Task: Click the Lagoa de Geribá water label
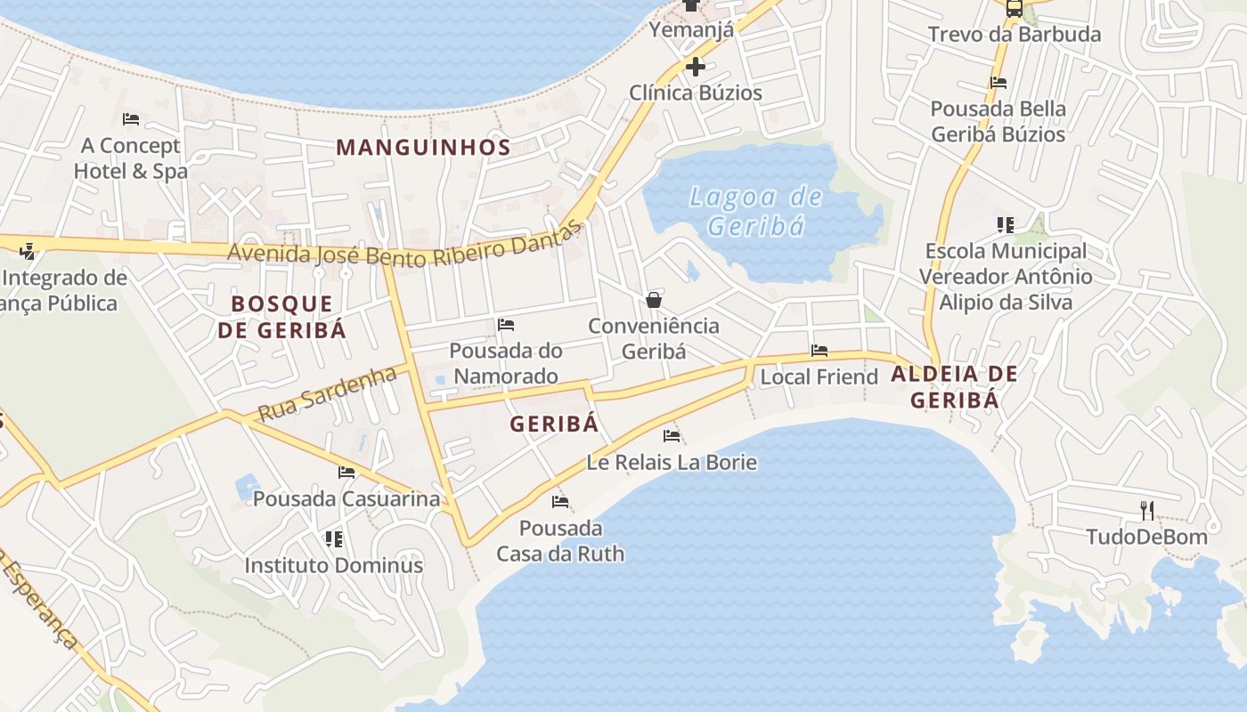(x=756, y=211)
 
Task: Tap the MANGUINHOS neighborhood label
(x=423, y=148)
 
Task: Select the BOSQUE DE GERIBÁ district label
(x=281, y=317)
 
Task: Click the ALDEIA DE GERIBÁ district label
(x=954, y=387)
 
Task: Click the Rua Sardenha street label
(x=327, y=393)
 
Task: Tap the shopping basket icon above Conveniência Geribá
(x=654, y=300)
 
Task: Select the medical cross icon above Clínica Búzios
(x=696, y=67)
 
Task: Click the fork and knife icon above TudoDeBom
(x=1147, y=510)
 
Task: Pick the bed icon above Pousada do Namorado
(x=506, y=325)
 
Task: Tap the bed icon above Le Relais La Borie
(x=672, y=436)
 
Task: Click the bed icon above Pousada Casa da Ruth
(x=560, y=502)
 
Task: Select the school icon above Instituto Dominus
(x=334, y=538)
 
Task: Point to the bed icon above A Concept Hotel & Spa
(x=131, y=119)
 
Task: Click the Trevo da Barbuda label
(x=1015, y=35)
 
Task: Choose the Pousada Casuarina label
(x=346, y=498)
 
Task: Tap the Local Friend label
(x=819, y=377)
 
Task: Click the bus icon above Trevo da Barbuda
(x=1015, y=9)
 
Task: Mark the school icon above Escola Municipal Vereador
(x=1006, y=225)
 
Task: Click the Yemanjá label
(x=691, y=30)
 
